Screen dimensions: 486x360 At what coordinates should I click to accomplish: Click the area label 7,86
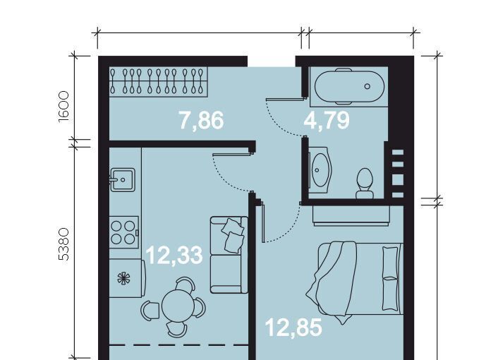[202, 121]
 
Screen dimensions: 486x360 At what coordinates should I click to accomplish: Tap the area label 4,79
[327, 121]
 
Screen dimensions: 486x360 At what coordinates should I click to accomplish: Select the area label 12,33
[174, 256]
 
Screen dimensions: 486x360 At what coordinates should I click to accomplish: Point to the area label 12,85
[294, 328]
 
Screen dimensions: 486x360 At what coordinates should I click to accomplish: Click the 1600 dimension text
[63, 107]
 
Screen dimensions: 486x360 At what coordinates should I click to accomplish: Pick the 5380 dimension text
[63, 244]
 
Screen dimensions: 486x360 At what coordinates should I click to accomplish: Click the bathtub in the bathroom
[349, 86]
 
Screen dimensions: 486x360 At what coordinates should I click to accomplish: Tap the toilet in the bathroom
[365, 184]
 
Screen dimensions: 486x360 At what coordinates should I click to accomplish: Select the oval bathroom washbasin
[320, 170]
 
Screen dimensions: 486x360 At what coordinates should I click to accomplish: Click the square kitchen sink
[123, 179]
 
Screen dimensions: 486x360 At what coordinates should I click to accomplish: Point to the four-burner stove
[123, 232]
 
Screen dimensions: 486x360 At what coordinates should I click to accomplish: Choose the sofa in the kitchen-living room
[229, 255]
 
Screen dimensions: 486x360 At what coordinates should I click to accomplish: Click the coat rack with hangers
[158, 81]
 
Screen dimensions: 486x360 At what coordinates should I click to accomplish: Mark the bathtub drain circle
[367, 86]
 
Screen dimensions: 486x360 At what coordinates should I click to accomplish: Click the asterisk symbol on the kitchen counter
[124, 278]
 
